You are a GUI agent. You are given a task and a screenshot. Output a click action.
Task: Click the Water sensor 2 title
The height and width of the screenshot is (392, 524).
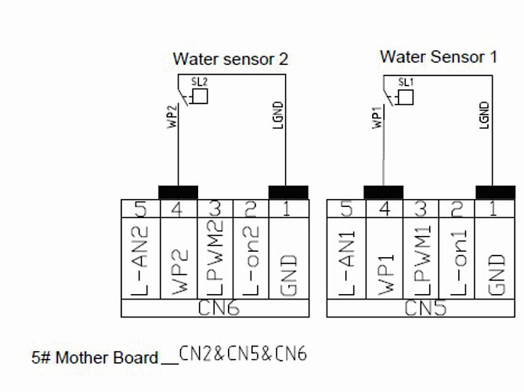point(229,59)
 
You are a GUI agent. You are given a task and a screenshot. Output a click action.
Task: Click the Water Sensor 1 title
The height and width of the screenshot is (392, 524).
point(438,56)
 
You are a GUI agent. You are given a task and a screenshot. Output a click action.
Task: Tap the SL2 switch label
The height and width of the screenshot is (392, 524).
point(199,81)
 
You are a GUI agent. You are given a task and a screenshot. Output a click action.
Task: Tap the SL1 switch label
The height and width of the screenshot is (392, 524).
point(405,82)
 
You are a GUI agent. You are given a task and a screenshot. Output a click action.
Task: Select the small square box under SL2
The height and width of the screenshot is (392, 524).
point(200,96)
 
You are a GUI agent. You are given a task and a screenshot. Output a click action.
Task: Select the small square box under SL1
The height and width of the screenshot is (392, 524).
point(406,97)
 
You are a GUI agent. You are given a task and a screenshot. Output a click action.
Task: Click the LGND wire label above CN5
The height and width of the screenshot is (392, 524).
point(485,115)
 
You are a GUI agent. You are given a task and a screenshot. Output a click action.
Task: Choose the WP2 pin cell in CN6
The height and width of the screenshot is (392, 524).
point(178,260)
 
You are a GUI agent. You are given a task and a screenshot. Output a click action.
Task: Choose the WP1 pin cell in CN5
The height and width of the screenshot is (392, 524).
point(384,260)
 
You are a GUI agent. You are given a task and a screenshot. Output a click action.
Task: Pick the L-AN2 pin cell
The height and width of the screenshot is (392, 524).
point(140,260)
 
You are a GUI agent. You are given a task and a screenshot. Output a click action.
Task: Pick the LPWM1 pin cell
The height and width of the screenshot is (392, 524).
point(420,260)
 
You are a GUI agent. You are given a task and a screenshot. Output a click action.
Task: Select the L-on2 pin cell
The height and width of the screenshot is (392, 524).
point(251,260)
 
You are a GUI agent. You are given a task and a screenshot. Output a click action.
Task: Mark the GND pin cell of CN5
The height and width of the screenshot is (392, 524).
point(496,260)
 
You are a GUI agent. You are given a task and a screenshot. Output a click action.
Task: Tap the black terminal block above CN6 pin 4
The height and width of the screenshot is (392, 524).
point(178,192)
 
